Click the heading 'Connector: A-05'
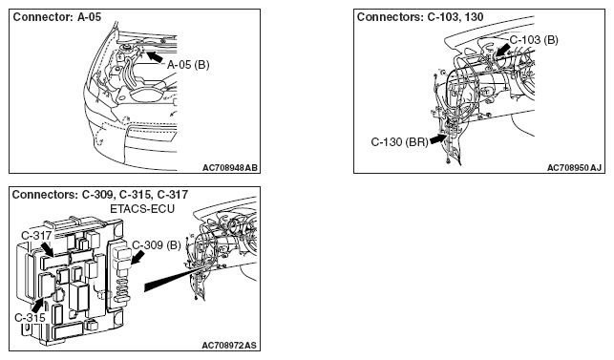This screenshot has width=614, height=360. pyautogui.click(x=57, y=17)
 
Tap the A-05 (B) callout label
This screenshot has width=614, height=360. pyautogui.click(x=188, y=65)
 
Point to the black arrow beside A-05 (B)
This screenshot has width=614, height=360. pyautogui.click(x=155, y=55)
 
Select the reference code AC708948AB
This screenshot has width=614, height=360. pyautogui.click(x=230, y=168)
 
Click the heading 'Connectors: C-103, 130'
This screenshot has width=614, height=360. pyautogui.click(x=420, y=17)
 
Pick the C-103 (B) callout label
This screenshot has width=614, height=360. pyautogui.click(x=534, y=40)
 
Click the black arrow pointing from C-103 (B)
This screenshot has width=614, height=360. pyautogui.click(x=502, y=51)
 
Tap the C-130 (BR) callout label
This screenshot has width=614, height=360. pyautogui.click(x=400, y=142)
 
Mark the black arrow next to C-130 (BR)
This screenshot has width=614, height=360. pyautogui.click(x=438, y=138)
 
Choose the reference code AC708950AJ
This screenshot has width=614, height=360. pyautogui.click(x=575, y=168)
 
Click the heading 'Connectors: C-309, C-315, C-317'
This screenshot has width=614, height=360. pyautogui.click(x=100, y=195)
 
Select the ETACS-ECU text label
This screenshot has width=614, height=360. pyautogui.click(x=142, y=209)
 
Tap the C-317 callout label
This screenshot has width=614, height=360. pyautogui.click(x=36, y=236)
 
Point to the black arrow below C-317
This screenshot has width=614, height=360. pyautogui.click(x=48, y=249)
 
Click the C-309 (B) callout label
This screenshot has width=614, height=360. pyautogui.click(x=157, y=245)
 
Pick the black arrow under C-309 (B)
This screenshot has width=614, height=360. pyautogui.click(x=138, y=258)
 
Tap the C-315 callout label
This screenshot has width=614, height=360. pyautogui.click(x=31, y=318)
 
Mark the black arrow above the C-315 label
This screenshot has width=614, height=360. pyautogui.click(x=38, y=305)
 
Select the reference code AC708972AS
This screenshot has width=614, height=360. pyautogui.click(x=229, y=346)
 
